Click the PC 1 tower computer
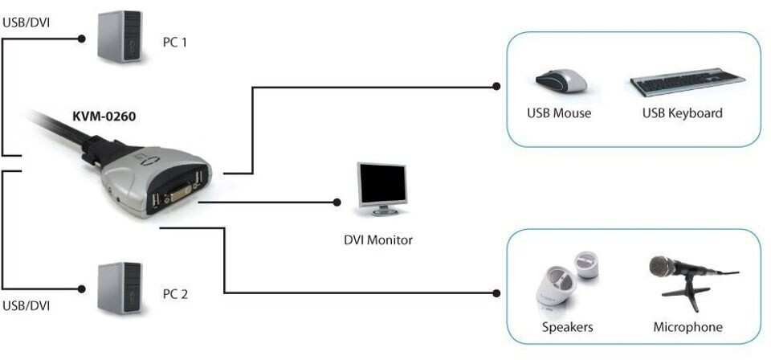tap(120, 36)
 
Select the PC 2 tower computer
tap(120, 288)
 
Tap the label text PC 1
tap(174, 43)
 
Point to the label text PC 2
tap(175, 294)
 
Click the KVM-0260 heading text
tap(104, 118)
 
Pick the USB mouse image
tap(561, 80)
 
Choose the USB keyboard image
tap(688, 82)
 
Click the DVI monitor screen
tap(382, 184)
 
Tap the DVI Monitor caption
tap(377, 240)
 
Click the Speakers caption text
tap(568, 327)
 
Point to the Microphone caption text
tap(688, 327)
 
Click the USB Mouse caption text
tap(559, 113)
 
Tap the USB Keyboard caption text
tap(683, 113)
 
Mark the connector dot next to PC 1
tap(82, 39)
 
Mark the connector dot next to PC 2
tap(82, 289)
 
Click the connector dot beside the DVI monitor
tap(337, 202)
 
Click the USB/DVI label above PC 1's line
tap(27, 22)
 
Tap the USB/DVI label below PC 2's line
tap(27, 305)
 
